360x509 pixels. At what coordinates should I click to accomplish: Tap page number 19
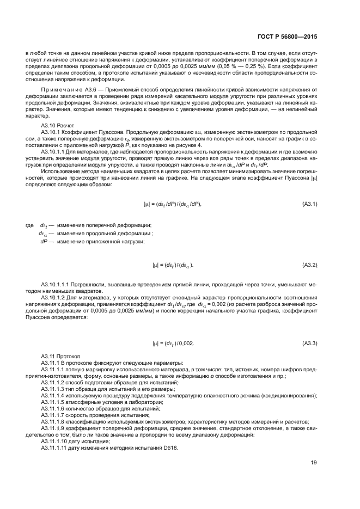(314, 463)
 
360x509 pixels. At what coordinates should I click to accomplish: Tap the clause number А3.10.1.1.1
(58, 284)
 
